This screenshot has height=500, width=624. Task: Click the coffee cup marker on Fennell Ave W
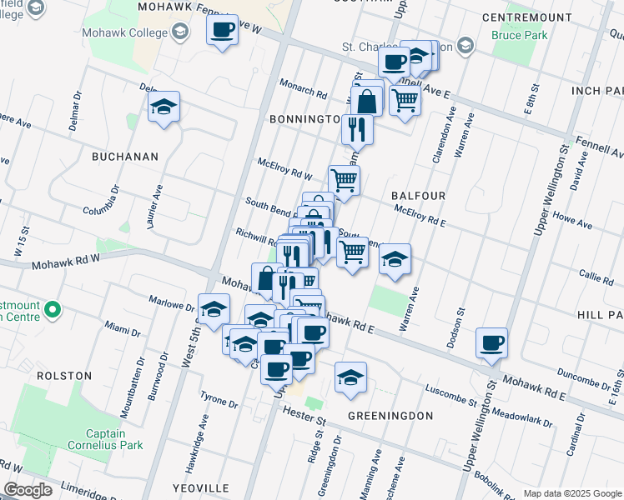click(223, 31)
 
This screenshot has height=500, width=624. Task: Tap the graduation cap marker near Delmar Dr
click(164, 107)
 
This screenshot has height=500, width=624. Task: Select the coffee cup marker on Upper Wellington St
click(491, 342)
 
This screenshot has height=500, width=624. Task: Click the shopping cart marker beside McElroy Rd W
click(344, 179)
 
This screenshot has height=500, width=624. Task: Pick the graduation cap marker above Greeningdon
click(351, 377)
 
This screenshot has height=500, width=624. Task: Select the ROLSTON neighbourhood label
click(63, 376)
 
